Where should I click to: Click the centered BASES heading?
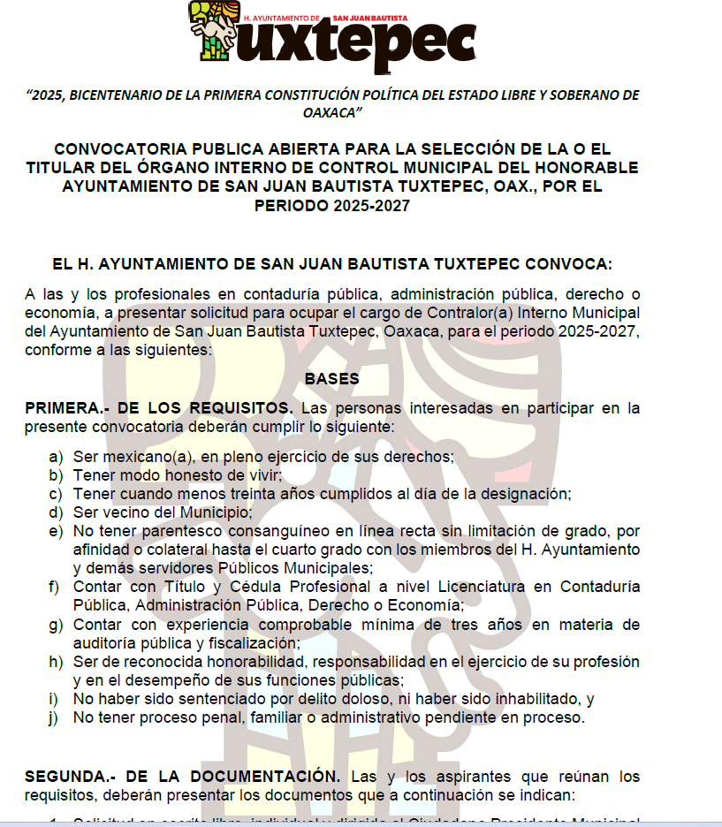[331, 378]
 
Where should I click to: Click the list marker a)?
[57, 457]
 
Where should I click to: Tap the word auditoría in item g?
[111, 643]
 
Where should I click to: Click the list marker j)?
[57, 717]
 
